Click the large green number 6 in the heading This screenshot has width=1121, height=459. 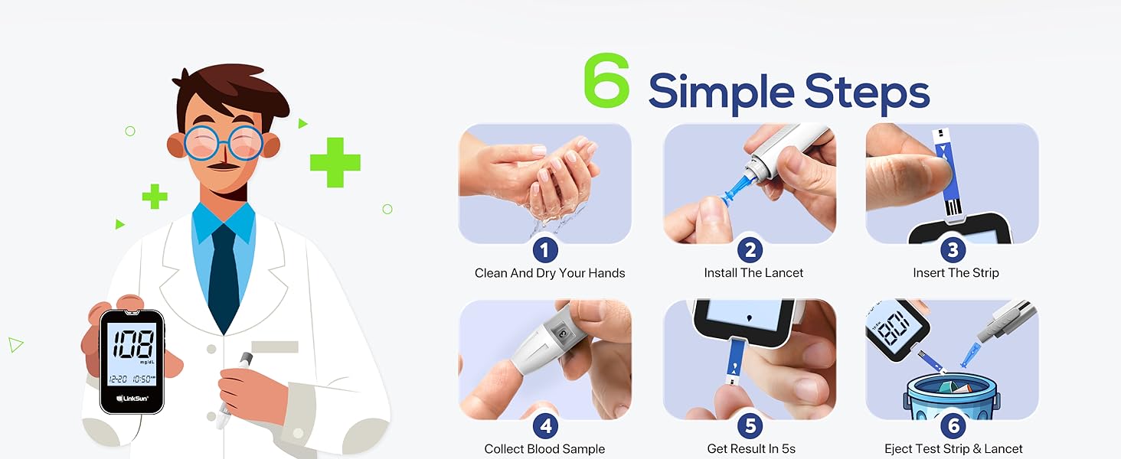click(x=606, y=81)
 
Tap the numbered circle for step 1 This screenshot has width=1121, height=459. click(x=544, y=249)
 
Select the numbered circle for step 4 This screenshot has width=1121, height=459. click(x=544, y=425)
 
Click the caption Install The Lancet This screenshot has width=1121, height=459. click(x=753, y=273)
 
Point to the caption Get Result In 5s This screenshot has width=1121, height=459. click(x=751, y=449)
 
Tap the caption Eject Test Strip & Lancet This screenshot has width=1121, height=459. click(x=953, y=449)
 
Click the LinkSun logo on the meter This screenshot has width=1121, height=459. click(x=131, y=399)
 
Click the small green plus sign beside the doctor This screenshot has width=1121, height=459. click(x=155, y=197)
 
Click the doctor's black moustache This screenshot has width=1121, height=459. click(x=221, y=165)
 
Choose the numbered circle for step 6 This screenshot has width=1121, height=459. click(x=953, y=425)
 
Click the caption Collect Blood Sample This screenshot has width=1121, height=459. click(x=544, y=449)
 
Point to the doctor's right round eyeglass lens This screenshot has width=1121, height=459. click(x=244, y=144)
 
